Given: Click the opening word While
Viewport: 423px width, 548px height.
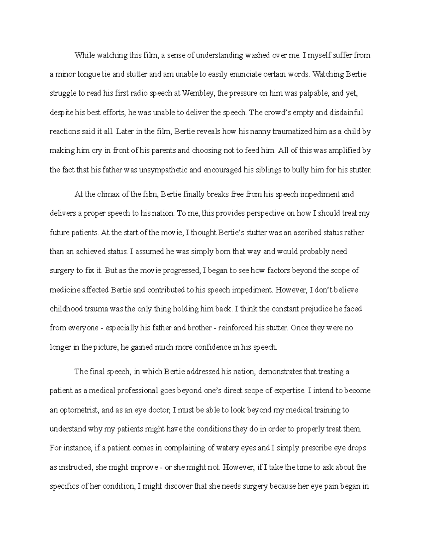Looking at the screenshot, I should pos(84,55).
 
